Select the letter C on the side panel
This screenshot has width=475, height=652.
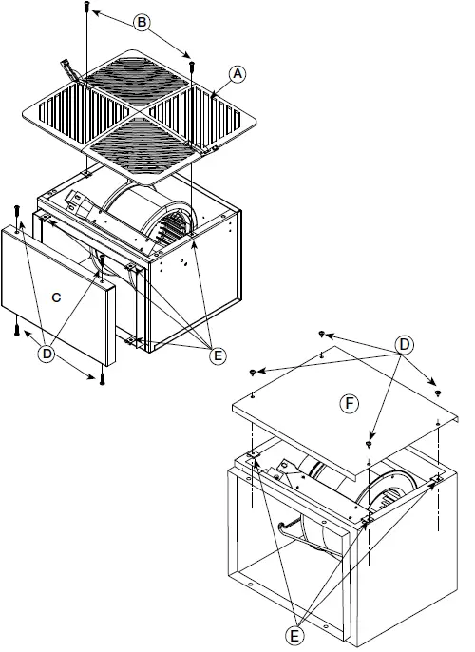coord(56,297)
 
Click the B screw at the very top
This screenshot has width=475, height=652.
coord(86,8)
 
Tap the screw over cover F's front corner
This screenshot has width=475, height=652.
coord(369,445)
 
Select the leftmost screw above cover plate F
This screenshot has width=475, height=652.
coord(253,371)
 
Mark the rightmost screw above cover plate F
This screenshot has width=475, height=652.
coord(437,392)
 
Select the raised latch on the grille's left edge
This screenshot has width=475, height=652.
coord(69,70)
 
